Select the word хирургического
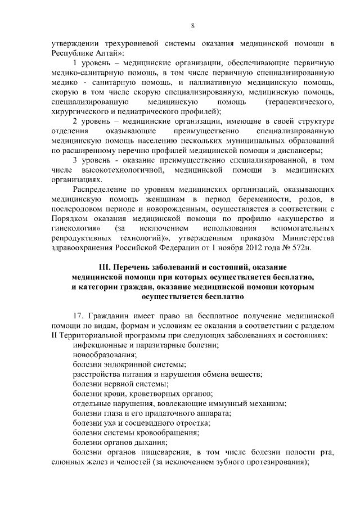[79, 111]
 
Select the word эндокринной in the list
[127, 364]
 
